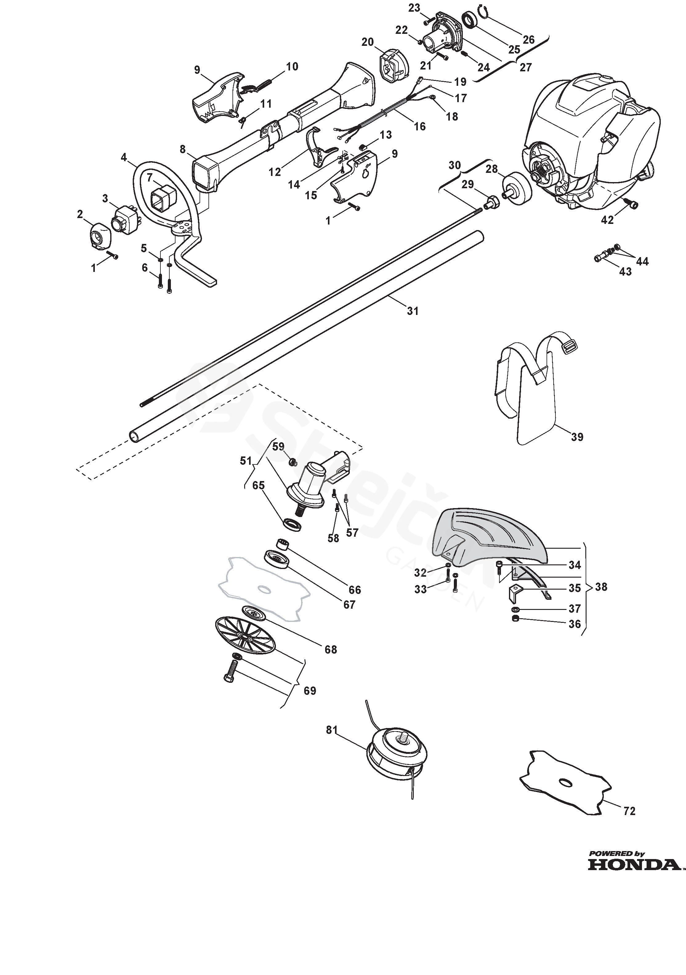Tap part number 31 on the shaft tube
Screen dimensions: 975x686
413,311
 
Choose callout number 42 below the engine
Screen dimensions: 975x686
607,220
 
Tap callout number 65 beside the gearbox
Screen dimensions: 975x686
258,485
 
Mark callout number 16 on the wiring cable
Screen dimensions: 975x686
419,126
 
